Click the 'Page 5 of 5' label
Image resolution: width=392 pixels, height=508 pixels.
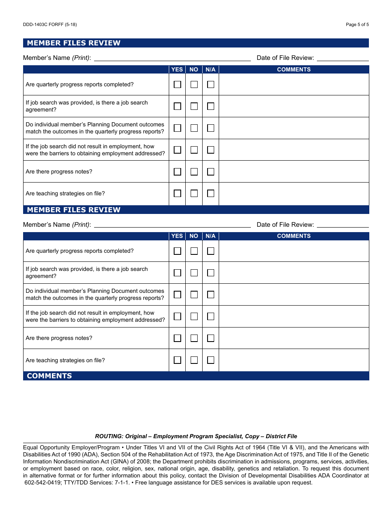coord(357,24)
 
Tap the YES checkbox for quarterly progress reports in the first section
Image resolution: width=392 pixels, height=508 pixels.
coord(177,85)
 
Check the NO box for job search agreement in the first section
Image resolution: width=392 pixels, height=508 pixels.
coord(194,106)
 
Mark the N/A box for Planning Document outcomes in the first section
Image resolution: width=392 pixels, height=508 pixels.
coord(211,128)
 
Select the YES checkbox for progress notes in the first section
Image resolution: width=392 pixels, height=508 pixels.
coord(177,172)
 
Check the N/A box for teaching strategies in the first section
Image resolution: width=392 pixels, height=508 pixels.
coord(211,193)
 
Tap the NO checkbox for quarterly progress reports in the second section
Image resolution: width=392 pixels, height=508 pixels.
coord(194,251)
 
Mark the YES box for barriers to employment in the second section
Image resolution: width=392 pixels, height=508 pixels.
coord(177,316)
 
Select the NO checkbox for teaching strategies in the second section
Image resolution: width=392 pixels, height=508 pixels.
coord(194,360)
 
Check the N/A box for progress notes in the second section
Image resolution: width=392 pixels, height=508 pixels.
coord(211,338)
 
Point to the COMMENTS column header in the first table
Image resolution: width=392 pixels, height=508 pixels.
coord(294,69)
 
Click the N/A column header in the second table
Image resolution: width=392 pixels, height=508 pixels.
coord(210,236)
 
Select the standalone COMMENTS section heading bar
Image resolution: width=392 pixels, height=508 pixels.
coord(196,376)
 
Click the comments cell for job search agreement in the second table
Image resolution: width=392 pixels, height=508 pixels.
coord(294,273)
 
